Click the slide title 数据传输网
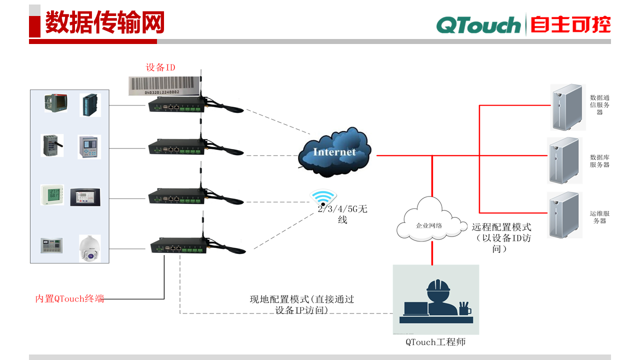[x=104, y=23]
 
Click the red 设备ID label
[x=160, y=67]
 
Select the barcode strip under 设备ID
[x=164, y=85]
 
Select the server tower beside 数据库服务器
[x=565, y=160]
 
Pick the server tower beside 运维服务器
[x=565, y=214]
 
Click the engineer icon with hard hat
[x=436, y=299]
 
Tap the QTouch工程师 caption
[x=435, y=342]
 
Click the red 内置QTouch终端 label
[x=69, y=299]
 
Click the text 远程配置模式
[x=501, y=226]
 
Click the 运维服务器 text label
[x=599, y=217]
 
